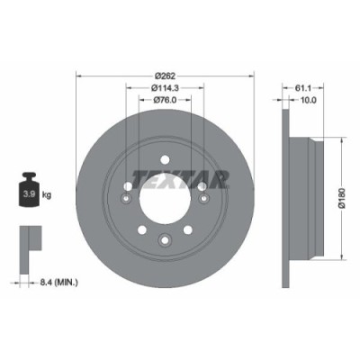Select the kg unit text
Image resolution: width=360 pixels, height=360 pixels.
(x=47, y=194)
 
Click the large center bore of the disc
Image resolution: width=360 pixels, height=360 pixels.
(x=164, y=200)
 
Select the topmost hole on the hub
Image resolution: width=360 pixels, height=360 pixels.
(x=164, y=161)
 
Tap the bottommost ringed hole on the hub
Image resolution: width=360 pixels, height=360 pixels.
(x=164, y=238)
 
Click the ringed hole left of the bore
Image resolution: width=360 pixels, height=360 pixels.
(x=127, y=187)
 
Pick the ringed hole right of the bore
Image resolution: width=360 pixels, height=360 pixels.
(x=202, y=187)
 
